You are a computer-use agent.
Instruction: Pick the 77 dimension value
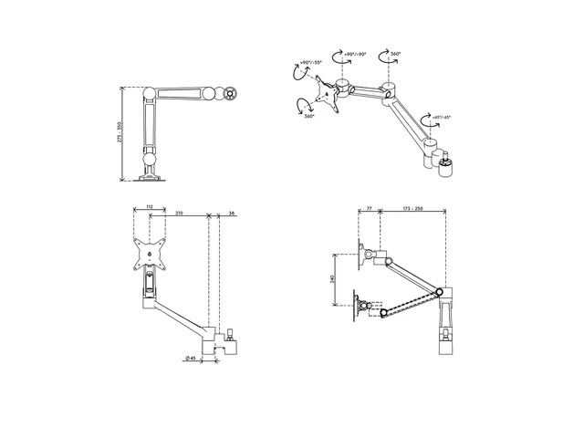coord(370,209)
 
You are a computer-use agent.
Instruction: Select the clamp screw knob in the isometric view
coord(448,167)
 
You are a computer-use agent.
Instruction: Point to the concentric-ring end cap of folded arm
coord(231,92)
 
